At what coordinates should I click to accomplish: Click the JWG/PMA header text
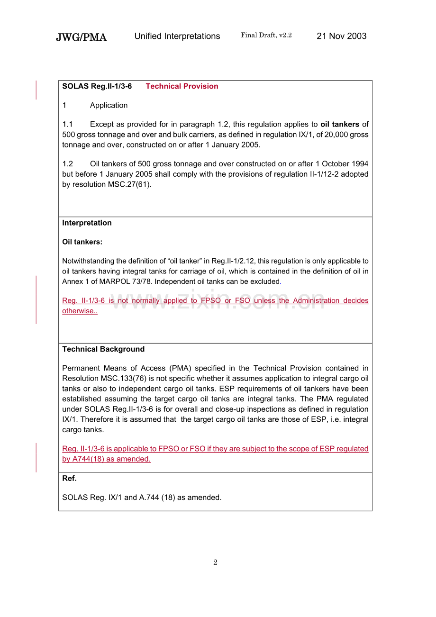(81, 37)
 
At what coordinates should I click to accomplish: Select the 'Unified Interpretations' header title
(177, 36)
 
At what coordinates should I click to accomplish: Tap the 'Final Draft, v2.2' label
(266, 35)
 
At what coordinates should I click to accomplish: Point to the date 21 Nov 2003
(341, 36)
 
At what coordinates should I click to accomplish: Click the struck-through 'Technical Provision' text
(182, 86)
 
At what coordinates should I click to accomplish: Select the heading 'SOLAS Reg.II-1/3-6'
(97, 86)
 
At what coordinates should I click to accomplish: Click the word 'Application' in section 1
(109, 105)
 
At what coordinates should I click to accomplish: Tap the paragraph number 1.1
(68, 124)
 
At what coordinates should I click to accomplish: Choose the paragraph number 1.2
(68, 164)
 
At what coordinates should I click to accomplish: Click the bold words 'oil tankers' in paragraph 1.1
(339, 124)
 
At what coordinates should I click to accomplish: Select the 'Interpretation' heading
(87, 223)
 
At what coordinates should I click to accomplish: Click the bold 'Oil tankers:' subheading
(82, 242)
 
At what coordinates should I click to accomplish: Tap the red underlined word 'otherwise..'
(80, 311)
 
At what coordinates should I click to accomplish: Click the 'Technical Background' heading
(103, 349)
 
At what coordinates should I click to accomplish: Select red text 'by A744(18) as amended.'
(107, 459)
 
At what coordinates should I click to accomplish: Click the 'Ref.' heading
(69, 479)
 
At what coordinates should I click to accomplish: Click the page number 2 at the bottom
(215, 563)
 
